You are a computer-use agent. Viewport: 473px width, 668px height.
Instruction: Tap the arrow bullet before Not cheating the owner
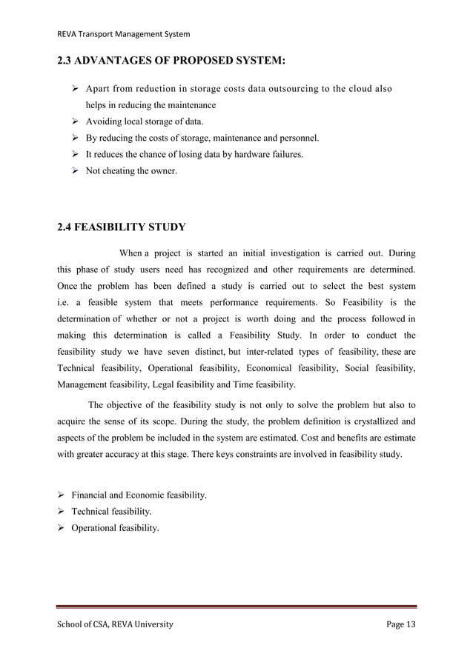click(x=75, y=170)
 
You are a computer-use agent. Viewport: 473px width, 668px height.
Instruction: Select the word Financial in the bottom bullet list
click(x=91, y=495)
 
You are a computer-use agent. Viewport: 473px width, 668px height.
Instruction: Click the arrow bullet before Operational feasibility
click(x=62, y=527)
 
